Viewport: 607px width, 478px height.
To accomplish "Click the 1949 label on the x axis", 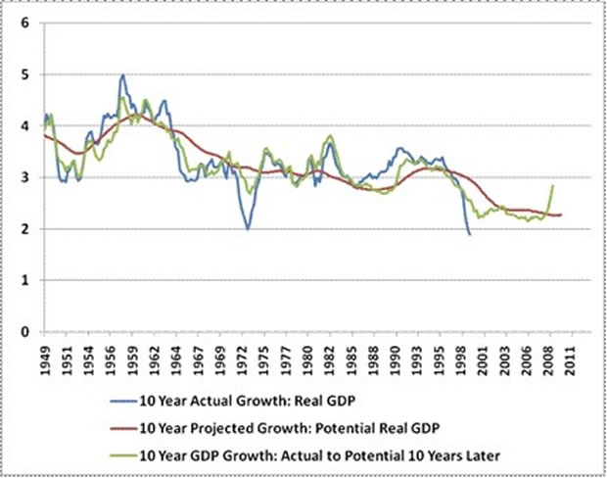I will (x=46, y=358).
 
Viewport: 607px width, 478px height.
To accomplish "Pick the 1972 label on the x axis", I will (x=246, y=358).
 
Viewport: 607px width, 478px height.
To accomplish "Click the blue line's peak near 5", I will (x=122, y=74).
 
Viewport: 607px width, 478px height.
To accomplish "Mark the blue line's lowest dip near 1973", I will (x=248, y=229).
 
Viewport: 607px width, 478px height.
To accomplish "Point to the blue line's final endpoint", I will (x=470, y=234).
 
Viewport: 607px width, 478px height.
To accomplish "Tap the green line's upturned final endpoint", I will (x=553, y=185).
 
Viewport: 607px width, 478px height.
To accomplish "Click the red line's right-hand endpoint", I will (x=562, y=215).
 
